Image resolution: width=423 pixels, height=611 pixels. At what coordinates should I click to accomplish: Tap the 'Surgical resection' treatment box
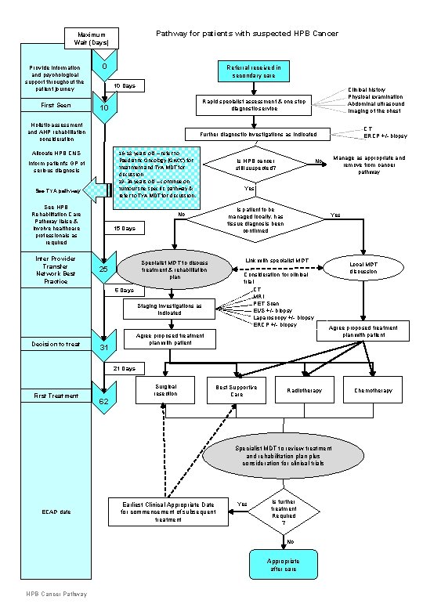[x=166, y=390]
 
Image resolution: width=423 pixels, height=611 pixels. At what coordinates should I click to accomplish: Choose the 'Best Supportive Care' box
[x=237, y=390]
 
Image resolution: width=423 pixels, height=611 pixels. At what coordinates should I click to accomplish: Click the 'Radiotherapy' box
[x=305, y=390]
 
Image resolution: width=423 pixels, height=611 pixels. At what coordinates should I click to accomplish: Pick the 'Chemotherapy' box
[x=373, y=390]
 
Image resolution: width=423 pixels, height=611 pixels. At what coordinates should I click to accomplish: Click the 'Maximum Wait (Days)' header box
[x=92, y=38]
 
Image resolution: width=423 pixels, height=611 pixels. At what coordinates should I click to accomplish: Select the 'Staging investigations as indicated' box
[x=170, y=309]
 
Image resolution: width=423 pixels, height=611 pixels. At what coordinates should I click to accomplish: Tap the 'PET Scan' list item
[x=259, y=303]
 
